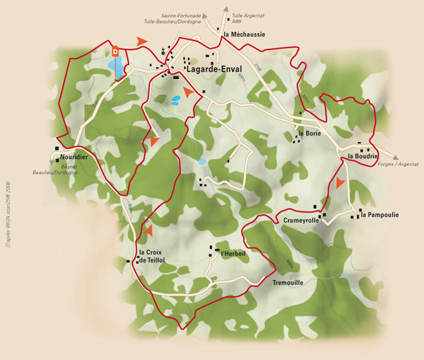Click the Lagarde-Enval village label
coord(214,68)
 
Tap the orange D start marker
coord(115,50)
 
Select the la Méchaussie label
coord(244,35)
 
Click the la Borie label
coord(310,133)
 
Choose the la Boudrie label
coord(363,157)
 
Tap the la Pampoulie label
coord(379,215)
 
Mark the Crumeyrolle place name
coord(301,220)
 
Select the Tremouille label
coord(288,283)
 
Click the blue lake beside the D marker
coord(115,66)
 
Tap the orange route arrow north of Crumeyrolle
coord(339,183)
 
